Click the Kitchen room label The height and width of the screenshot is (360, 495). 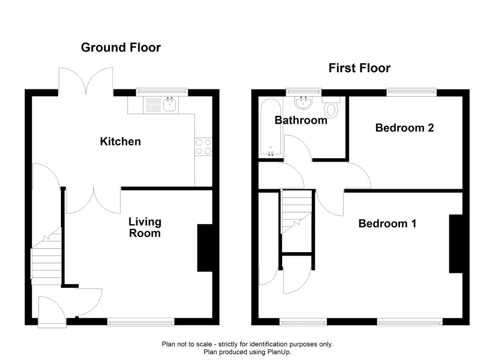point(120,141)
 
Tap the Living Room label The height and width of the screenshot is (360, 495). point(145,228)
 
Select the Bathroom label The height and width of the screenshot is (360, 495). point(301,120)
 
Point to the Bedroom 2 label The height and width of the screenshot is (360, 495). point(404,127)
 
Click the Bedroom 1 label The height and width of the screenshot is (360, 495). point(387,224)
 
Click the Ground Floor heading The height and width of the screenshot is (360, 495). point(121,48)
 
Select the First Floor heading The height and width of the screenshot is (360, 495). point(360,68)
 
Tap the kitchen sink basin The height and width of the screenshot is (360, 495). point(170,104)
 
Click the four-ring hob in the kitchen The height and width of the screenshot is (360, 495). point(203,147)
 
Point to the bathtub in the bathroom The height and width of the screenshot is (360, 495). point(271,128)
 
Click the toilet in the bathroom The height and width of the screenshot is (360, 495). point(331,107)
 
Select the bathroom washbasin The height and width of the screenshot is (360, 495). point(304,103)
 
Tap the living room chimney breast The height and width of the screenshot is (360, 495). point(204,248)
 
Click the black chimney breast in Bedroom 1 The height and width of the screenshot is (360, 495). point(456,244)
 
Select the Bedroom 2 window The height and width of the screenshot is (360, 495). point(412,92)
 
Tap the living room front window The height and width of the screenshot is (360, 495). point(141,322)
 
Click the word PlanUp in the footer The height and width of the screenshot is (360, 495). point(278,352)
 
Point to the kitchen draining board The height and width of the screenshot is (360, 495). point(153,105)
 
